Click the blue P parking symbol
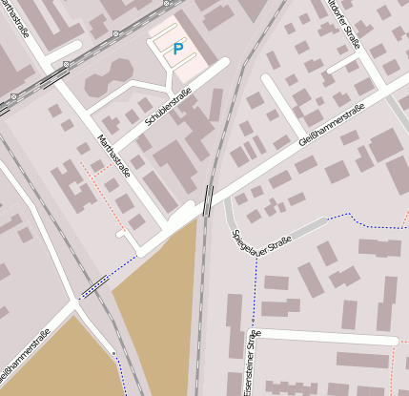[x=176, y=49]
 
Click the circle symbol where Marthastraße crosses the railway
[x=65, y=64]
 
